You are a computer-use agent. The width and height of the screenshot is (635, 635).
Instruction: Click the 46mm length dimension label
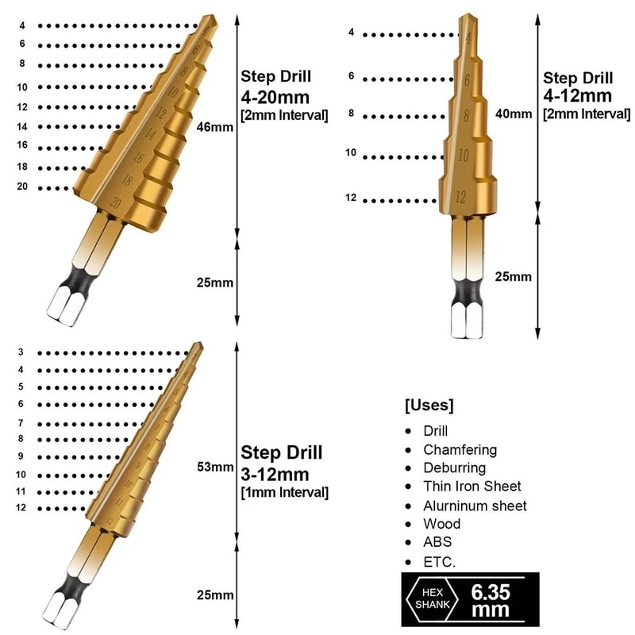coord(214,127)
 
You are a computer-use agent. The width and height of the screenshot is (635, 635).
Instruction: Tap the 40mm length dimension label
coord(514,114)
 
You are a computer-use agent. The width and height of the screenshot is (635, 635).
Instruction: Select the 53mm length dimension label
coord(215,467)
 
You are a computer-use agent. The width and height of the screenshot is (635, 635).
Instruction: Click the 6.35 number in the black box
coord(491,592)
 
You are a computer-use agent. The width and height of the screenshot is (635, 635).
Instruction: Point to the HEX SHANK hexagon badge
coord(432,598)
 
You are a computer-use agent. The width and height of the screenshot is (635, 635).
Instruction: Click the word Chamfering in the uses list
coord(460,449)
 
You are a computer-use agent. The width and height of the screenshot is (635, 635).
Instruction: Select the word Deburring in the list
coord(454,468)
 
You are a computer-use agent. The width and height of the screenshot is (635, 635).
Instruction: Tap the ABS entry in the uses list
coord(437,542)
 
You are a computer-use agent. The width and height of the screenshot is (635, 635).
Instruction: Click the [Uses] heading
coord(429,405)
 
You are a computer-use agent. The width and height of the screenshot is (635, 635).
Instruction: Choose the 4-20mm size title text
coord(275,97)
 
